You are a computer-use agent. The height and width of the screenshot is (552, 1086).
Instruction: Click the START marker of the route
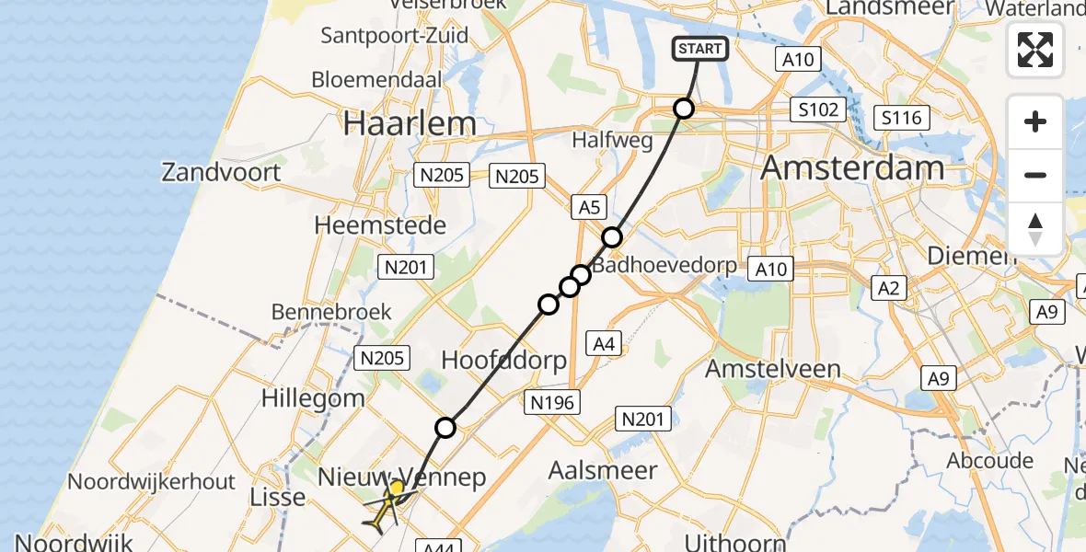tap(701, 49)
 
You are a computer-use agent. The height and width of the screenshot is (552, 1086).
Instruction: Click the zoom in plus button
tap(1035, 122)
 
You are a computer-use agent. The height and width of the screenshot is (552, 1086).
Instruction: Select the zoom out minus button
tap(1035, 175)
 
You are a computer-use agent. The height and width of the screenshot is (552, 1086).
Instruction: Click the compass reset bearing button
tap(1035, 228)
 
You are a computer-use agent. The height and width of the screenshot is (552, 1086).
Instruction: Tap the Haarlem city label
tap(410, 124)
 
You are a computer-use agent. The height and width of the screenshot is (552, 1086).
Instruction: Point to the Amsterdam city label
tap(853, 168)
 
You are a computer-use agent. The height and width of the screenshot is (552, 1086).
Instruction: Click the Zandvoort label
tap(222, 172)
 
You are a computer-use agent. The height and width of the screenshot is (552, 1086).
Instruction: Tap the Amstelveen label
tap(773, 369)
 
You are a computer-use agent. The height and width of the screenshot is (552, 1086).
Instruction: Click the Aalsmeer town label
tap(603, 470)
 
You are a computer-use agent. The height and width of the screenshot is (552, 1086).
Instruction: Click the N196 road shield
tap(552, 401)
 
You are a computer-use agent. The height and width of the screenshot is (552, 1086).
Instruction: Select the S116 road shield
tap(902, 118)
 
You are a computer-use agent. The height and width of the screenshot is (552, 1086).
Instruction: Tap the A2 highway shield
tap(888, 289)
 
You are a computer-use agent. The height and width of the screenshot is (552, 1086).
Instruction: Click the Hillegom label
tap(313, 398)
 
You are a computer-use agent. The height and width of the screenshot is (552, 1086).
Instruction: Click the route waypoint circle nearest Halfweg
tap(684, 109)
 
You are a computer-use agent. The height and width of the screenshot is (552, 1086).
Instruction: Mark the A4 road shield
tap(604, 344)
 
